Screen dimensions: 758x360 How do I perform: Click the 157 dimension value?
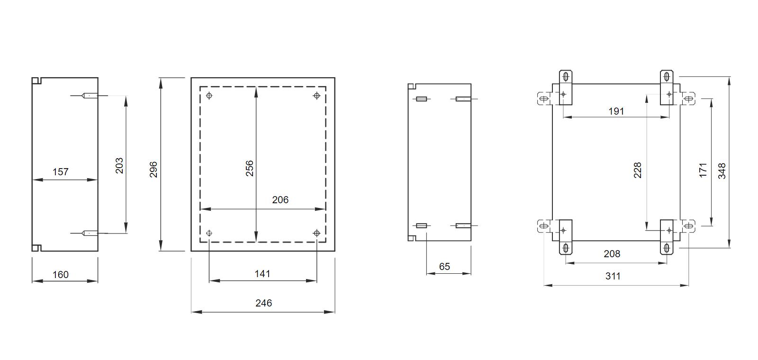coord(61,172)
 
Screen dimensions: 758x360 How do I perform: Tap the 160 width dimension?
coord(61,274)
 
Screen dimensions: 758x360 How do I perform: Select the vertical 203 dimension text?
coord(119,165)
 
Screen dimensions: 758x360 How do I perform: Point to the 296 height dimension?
coord(153,169)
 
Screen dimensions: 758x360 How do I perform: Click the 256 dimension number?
coord(249,168)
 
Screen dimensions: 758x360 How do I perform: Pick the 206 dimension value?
coord(280,199)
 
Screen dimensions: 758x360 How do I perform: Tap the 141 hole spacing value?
coord(262,273)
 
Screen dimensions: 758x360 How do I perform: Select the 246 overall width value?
coord(263,303)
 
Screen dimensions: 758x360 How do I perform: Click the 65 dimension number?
coord(444,267)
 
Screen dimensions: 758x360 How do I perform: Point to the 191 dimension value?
coord(616,111)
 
